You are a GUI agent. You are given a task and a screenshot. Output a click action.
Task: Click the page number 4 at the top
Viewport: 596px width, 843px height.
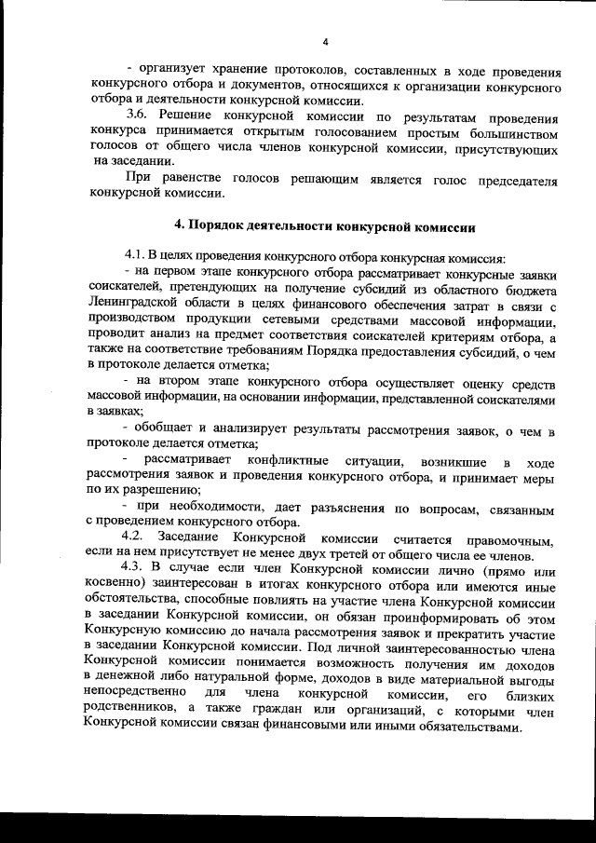point(326,41)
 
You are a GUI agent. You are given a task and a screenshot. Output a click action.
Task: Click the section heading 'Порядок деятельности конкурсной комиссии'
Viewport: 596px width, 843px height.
point(326,225)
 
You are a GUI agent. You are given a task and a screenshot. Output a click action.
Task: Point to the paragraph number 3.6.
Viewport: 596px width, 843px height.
point(138,118)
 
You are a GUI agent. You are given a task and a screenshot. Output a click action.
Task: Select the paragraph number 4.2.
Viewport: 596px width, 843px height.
point(137,539)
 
